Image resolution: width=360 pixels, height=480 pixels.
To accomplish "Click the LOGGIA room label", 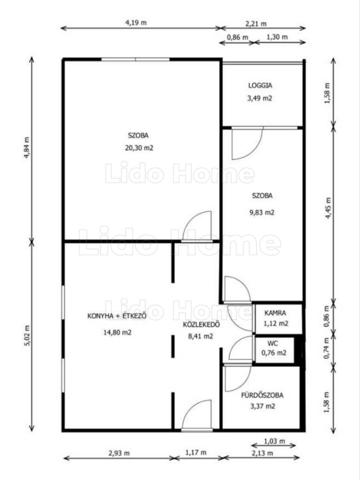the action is [x=260, y=85].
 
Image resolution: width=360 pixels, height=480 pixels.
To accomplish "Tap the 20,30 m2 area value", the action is [x=139, y=148].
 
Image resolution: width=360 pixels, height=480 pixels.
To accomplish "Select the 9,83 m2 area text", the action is [x=262, y=212].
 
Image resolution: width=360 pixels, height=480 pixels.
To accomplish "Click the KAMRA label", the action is [x=275, y=313].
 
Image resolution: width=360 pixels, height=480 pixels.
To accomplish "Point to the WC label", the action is [x=273, y=344].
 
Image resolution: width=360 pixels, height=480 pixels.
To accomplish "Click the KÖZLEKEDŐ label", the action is [x=201, y=325].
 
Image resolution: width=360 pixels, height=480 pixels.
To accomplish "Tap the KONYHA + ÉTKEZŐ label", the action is [x=117, y=316].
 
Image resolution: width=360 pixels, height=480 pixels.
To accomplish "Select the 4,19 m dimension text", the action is [x=136, y=23].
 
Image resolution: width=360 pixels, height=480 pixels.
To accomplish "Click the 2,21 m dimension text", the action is [x=256, y=24].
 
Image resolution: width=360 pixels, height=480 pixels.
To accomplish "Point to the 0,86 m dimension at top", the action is [x=238, y=37].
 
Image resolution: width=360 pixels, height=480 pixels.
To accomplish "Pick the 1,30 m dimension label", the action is [x=277, y=37].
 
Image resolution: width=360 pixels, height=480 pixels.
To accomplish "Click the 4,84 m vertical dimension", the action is [x=27, y=147].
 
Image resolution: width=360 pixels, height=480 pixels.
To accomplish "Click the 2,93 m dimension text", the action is [x=119, y=453].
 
